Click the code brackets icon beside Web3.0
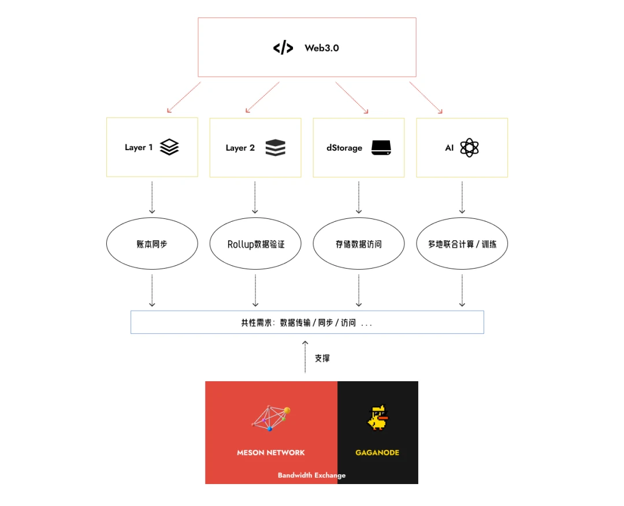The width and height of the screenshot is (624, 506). tap(283, 48)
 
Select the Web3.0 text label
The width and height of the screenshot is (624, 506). tap(322, 48)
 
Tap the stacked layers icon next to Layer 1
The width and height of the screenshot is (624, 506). tap(169, 147)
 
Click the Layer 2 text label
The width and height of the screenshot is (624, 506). tap(240, 148)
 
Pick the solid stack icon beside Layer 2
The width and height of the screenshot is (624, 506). tap(276, 148)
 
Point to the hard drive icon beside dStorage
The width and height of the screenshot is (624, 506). tap(381, 148)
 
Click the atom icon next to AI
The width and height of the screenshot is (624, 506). tap(469, 148)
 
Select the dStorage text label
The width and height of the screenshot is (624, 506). tap(344, 148)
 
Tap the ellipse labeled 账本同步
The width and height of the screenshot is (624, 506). tap(152, 244)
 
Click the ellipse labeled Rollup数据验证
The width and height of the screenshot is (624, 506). tap(255, 244)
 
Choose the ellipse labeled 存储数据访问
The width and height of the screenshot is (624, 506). tap(359, 244)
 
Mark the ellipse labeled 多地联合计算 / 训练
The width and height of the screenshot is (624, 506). tap(462, 244)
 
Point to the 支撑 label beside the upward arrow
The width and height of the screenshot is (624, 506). tap(322, 358)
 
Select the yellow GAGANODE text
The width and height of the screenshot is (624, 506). tap(377, 452)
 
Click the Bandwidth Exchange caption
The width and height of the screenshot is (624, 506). tap(311, 475)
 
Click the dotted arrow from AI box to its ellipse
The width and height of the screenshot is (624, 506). tap(462, 197)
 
